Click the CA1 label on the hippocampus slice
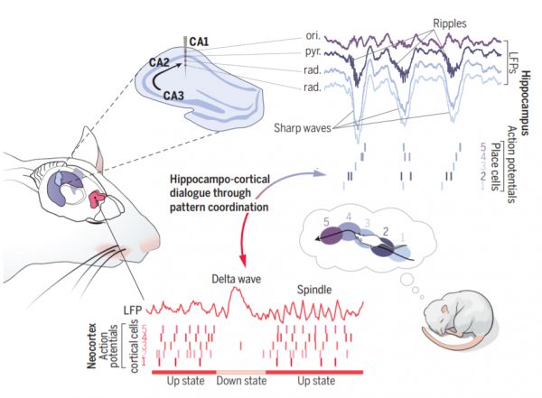coord(199,42)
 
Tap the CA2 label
coord(160,61)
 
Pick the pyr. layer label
coord(304,53)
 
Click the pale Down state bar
coord(240,371)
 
